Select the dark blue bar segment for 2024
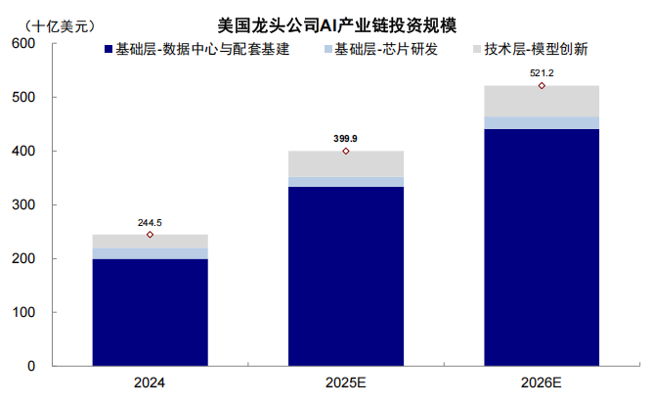pos(150,312)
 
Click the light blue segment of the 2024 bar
pos(150,253)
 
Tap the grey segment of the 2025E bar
pos(345,163)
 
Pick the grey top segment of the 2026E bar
pos(541,101)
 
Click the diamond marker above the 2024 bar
pos(150,235)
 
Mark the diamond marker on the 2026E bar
pos(541,86)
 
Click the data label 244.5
pos(150,222)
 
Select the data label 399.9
pos(345,139)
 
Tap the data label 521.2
pos(541,73)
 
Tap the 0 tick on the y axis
pos(30,366)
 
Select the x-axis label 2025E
pos(345,384)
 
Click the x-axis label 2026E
pos(541,384)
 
